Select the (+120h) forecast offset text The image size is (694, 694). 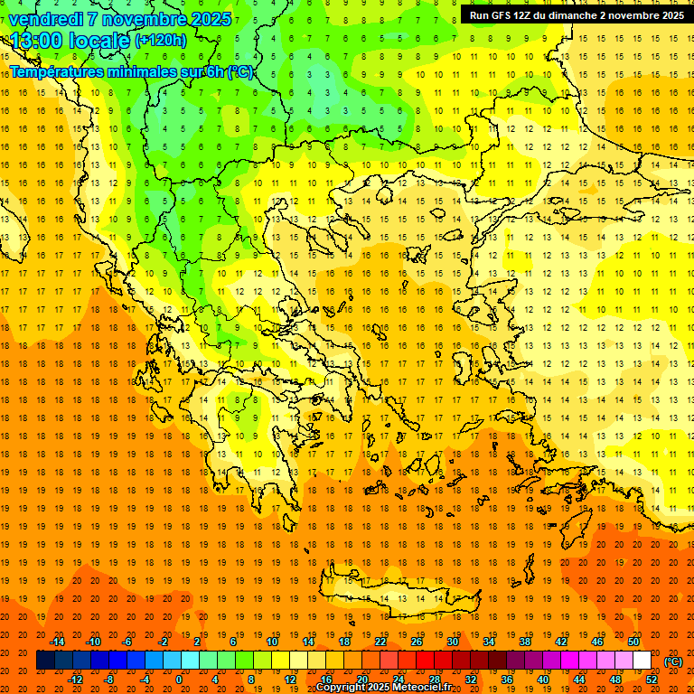click(161, 41)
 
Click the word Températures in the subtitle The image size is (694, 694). click(57, 71)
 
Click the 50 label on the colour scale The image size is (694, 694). click(633, 642)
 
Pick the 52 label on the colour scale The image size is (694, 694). click(652, 679)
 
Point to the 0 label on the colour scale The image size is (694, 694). click(178, 679)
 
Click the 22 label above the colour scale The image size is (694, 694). click(380, 642)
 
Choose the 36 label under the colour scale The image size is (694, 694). click(506, 679)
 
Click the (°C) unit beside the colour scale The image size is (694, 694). click(673, 661)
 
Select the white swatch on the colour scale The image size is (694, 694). click(642, 661)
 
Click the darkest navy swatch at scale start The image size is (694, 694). click(45, 661)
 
